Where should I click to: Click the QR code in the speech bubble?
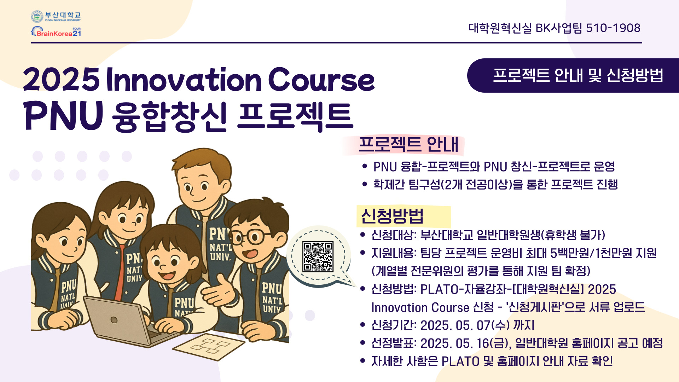tap(318, 256)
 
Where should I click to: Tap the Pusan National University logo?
tap(56, 16)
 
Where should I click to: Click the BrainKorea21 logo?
tap(56, 32)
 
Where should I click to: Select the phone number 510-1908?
tap(613, 28)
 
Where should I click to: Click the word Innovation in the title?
tap(184, 80)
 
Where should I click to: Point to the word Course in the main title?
tap(321, 80)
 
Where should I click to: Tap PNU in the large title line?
tap(64, 116)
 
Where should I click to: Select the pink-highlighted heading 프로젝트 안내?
tap(408, 144)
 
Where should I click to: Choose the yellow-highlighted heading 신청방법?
tap(392, 216)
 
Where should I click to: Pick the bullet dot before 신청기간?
tap(362, 325)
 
